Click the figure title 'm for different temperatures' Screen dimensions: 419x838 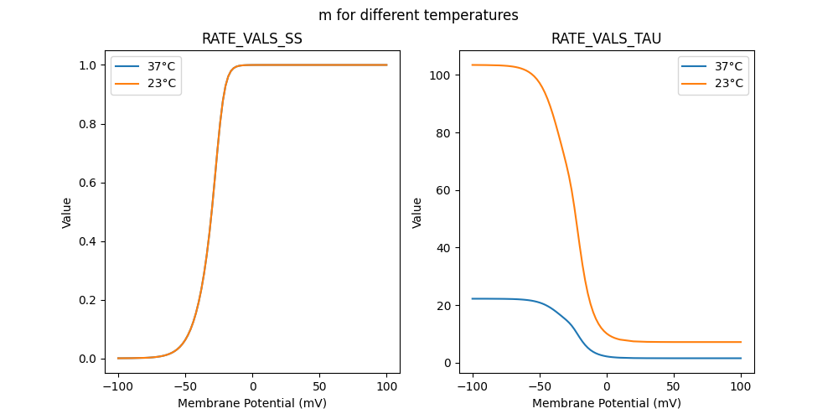[x=418, y=15]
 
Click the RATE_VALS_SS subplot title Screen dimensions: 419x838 [x=252, y=39]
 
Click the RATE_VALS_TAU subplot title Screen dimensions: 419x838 [x=607, y=39]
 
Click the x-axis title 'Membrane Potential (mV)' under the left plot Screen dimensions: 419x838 [x=252, y=403]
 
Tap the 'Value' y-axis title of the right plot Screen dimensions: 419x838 [x=417, y=212]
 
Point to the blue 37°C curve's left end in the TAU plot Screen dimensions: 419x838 [x=473, y=298]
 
